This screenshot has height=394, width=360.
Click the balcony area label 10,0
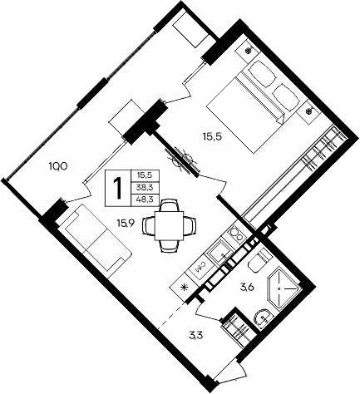click(x=57, y=166)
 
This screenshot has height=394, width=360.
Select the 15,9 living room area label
click(x=127, y=222)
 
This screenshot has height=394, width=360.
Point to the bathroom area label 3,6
click(x=246, y=288)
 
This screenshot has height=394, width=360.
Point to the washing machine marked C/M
click(x=202, y=265)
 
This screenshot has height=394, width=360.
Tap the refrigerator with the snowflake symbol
click(x=186, y=288)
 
